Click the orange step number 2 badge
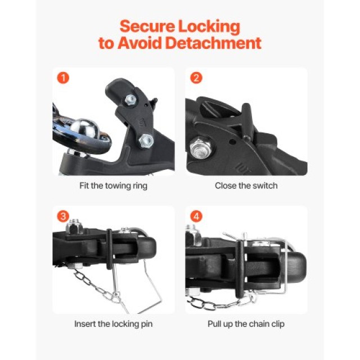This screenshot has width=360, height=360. tap(195, 78)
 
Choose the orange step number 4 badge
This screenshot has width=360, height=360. tap(195, 216)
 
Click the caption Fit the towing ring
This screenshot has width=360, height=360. tap(113, 185)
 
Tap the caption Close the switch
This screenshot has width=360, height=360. tap(246, 185)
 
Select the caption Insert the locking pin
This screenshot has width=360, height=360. tap(113, 323)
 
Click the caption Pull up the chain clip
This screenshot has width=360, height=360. tap(246, 323)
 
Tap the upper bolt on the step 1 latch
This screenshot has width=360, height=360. tap(130, 101)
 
